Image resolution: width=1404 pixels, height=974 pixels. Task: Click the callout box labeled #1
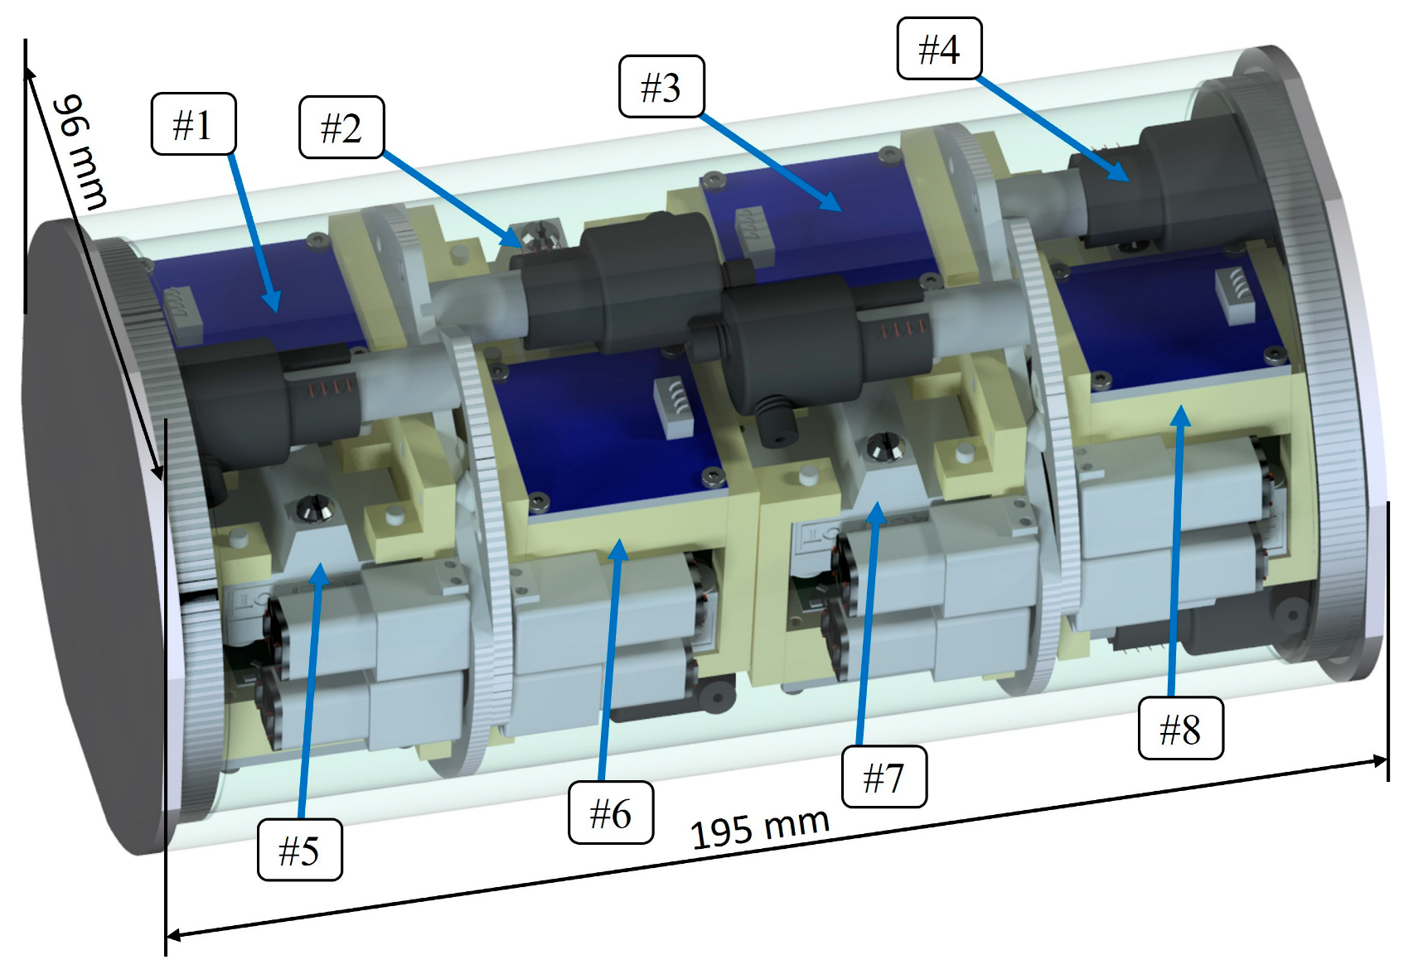click(193, 124)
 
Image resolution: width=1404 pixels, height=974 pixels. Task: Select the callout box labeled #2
click(341, 128)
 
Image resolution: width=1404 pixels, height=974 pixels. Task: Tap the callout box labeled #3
click(661, 87)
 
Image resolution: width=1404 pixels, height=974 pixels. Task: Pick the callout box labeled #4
click(939, 49)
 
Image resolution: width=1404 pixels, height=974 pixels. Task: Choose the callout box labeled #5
click(299, 850)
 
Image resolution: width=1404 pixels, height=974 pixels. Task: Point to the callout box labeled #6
click(611, 812)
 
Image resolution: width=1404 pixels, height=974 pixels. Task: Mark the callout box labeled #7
click(884, 777)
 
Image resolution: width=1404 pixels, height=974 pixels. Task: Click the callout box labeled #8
click(1180, 729)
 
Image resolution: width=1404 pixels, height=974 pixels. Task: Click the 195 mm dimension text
click(759, 827)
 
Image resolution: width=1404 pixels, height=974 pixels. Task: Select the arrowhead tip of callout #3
click(840, 210)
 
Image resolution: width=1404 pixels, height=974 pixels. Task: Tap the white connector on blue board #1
click(184, 316)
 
